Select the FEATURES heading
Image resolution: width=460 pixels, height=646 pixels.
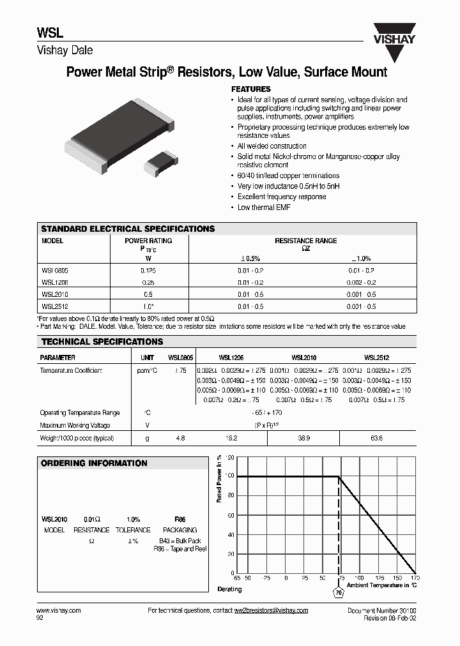[x=250, y=89]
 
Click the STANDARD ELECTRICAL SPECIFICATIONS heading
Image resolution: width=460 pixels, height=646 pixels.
[x=128, y=229]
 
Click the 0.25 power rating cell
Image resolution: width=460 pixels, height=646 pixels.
[x=148, y=282]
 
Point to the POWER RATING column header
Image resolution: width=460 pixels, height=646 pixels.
[x=148, y=241]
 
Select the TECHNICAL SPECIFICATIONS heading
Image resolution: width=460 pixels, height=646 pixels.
[x=102, y=342]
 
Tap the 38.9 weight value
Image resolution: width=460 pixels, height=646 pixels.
[x=304, y=439]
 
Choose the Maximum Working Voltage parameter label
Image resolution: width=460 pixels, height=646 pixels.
[x=75, y=425]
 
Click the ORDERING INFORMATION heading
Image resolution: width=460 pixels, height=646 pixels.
[x=94, y=463]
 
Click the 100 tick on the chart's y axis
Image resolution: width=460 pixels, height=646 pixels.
[x=231, y=476]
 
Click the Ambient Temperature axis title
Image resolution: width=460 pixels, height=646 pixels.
[x=381, y=585]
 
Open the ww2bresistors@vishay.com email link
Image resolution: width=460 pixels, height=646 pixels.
[x=270, y=610]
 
